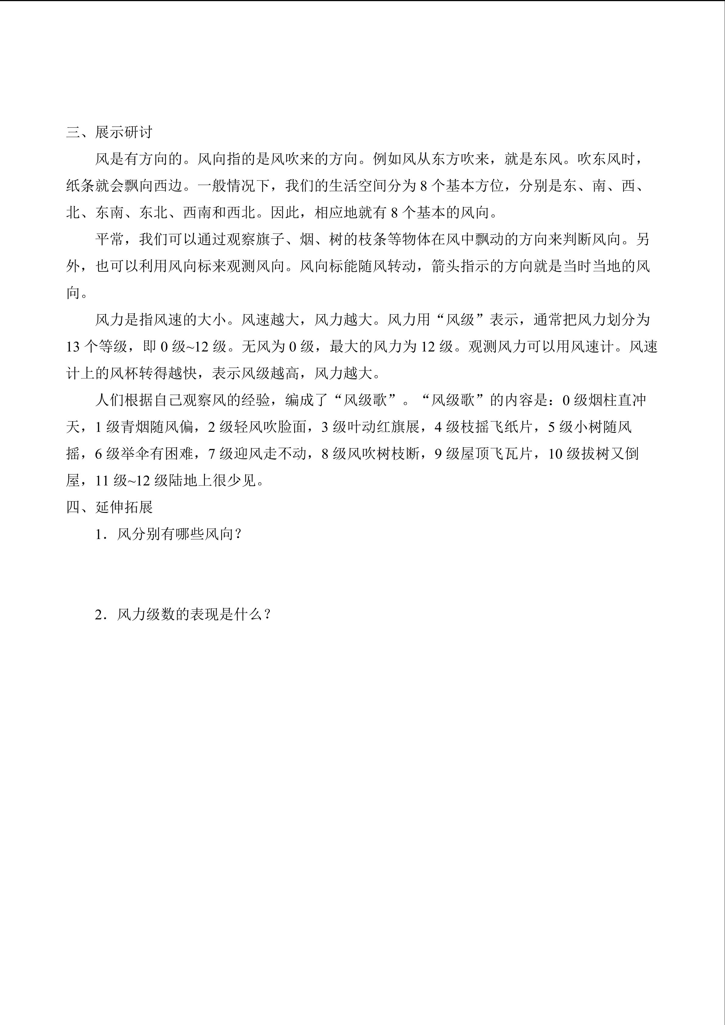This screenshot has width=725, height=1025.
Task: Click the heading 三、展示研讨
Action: (x=109, y=132)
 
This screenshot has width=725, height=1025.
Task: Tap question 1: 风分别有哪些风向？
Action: (x=168, y=534)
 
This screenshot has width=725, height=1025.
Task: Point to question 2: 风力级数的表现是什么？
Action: (x=183, y=614)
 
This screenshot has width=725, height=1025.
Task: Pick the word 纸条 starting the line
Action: (x=81, y=186)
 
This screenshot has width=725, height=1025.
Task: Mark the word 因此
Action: (x=285, y=212)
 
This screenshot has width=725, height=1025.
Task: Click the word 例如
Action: (x=387, y=159)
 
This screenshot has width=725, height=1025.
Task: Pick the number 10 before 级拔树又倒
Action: (x=555, y=454)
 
